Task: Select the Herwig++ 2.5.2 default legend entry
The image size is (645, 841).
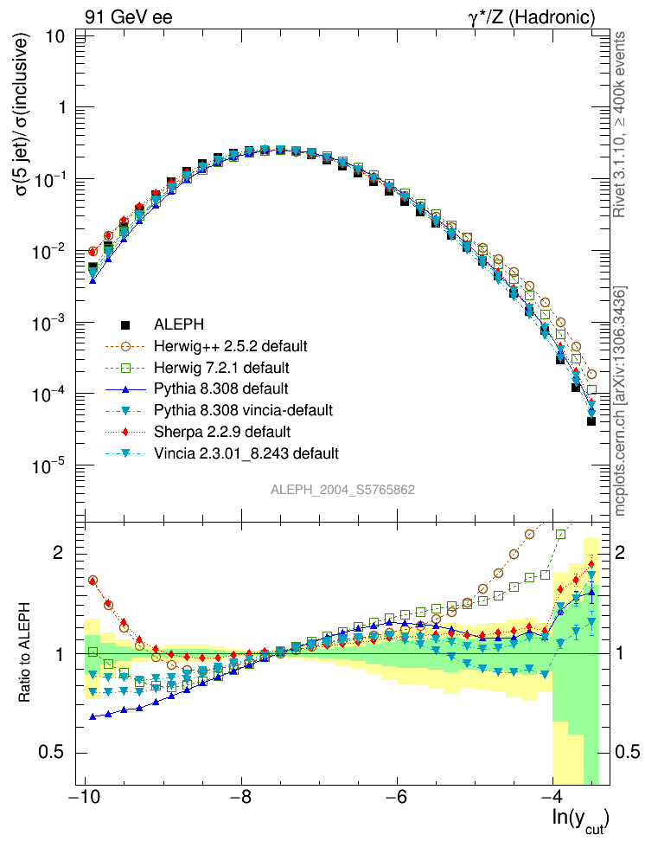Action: (230, 346)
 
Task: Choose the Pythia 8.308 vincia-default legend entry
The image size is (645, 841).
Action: (243, 409)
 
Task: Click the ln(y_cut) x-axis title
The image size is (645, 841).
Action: (580, 819)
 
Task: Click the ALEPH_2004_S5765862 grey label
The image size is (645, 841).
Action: (343, 490)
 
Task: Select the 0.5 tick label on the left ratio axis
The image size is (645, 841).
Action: (54, 751)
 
